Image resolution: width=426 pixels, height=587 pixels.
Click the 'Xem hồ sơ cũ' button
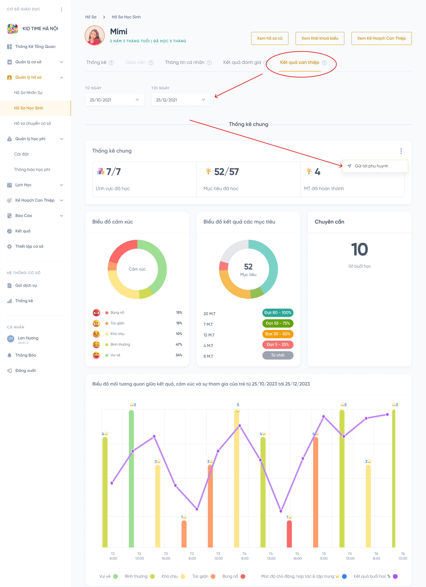click(270, 38)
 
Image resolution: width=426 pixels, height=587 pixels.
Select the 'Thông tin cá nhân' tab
click(185, 62)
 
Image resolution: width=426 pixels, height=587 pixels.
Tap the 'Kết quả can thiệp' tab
click(300, 62)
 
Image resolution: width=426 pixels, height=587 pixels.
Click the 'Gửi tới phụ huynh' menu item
click(371, 166)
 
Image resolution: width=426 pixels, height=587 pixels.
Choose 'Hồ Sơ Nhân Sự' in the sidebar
click(28, 93)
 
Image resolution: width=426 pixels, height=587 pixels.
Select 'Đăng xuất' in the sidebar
click(25, 371)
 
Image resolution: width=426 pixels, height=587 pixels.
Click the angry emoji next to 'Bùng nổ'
click(96, 313)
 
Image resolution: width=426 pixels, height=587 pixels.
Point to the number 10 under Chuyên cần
click(359, 249)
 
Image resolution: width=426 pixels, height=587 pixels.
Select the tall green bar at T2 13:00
click(131, 479)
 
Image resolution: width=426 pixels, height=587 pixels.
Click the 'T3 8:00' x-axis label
click(192, 556)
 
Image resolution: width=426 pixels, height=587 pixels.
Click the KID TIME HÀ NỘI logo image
click(12, 29)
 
